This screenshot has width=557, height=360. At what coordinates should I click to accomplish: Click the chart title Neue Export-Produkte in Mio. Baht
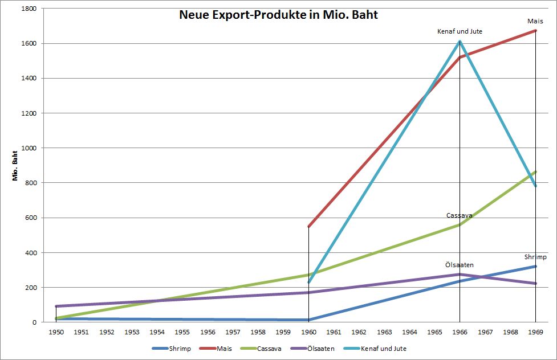click(x=278, y=15)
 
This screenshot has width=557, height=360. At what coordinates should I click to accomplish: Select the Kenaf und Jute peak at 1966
click(x=460, y=42)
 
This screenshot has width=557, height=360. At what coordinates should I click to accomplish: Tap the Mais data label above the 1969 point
click(x=535, y=22)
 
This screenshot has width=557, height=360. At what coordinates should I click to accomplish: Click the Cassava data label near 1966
click(x=459, y=216)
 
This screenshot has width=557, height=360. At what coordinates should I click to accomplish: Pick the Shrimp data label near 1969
click(x=535, y=257)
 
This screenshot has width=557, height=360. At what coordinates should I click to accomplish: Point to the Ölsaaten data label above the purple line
click(x=459, y=265)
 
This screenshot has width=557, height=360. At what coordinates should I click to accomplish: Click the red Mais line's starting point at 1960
click(x=308, y=227)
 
